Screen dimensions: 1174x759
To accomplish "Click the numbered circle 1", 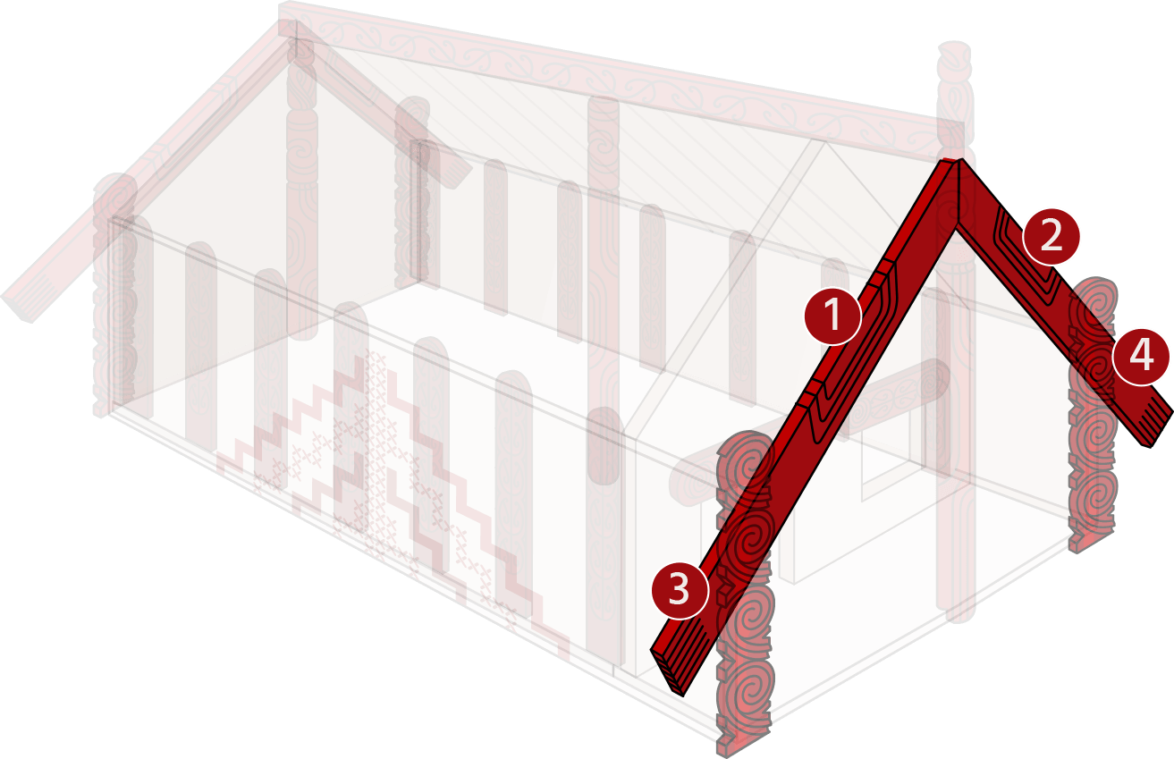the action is pyautogui.click(x=832, y=316).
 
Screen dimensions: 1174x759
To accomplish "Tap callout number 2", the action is pyautogui.click(x=1051, y=237).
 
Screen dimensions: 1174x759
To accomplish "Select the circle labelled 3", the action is pyautogui.click(x=680, y=590).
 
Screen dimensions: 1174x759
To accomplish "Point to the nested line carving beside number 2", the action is pyautogui.click(x=1027, y=262).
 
